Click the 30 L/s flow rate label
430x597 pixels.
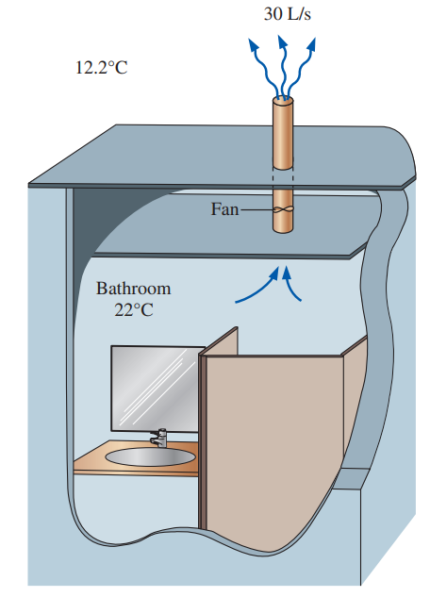(288, 14)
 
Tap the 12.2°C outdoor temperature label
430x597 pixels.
(102, 68)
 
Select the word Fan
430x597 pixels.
(224, 209)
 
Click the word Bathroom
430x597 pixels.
(133, 289)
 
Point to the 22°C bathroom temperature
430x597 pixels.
(134, 310)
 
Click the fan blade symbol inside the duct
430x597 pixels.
(283, 209)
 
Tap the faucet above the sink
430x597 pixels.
(159, 438)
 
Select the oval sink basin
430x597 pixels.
(150, 456)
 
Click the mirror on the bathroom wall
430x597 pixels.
(155, 389)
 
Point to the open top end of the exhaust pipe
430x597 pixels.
(283, 100)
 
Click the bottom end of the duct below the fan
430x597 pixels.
(283, 229)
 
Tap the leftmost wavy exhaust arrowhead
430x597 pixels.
(253, 45)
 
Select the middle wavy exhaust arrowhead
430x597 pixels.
(282, 41)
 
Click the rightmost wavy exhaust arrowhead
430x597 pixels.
(311, 44)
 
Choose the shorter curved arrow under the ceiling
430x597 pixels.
(290, 285)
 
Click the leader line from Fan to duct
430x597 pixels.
(257, 209)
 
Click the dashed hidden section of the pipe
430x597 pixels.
(283, 178)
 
